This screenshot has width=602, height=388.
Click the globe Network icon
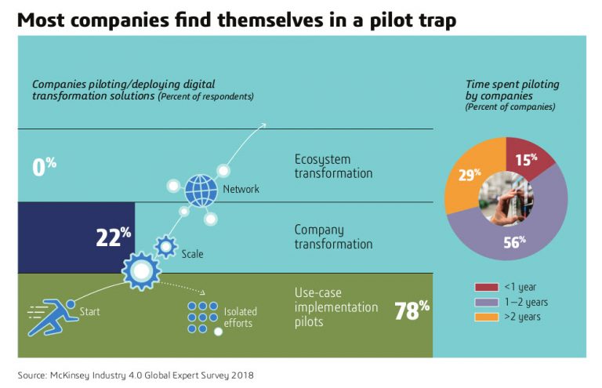[200, 189]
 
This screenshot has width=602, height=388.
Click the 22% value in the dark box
[113, 237]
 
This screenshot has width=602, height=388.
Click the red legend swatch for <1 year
[487, 287]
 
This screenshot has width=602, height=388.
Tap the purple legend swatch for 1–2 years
[487, 303]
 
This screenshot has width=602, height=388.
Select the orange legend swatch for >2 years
[487, 317]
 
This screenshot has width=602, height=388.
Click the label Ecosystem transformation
[333, 165]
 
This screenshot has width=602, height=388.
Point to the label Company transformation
[333, 237]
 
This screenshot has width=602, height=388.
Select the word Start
[90, 313]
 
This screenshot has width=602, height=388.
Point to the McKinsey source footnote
[136, 375]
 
